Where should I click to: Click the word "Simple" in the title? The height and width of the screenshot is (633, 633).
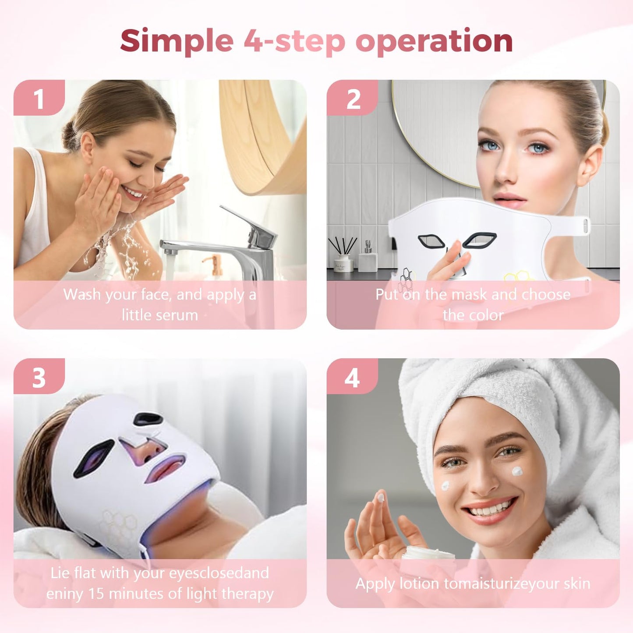tap(177, 42)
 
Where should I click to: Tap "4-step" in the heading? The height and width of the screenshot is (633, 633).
tap(294, 42)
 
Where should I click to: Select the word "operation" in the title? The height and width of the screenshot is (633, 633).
tap(434, 42)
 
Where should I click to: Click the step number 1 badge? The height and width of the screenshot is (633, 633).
tap(39, 99)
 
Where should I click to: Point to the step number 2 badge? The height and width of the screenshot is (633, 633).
tap(353, 99)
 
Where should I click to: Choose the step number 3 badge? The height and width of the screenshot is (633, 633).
tap(39, 377)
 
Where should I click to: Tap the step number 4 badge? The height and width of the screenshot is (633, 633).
tap(353, 377)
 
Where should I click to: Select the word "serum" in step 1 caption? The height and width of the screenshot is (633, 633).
tap(178, 315)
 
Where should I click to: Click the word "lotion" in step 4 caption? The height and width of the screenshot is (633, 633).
tap(419, 583)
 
